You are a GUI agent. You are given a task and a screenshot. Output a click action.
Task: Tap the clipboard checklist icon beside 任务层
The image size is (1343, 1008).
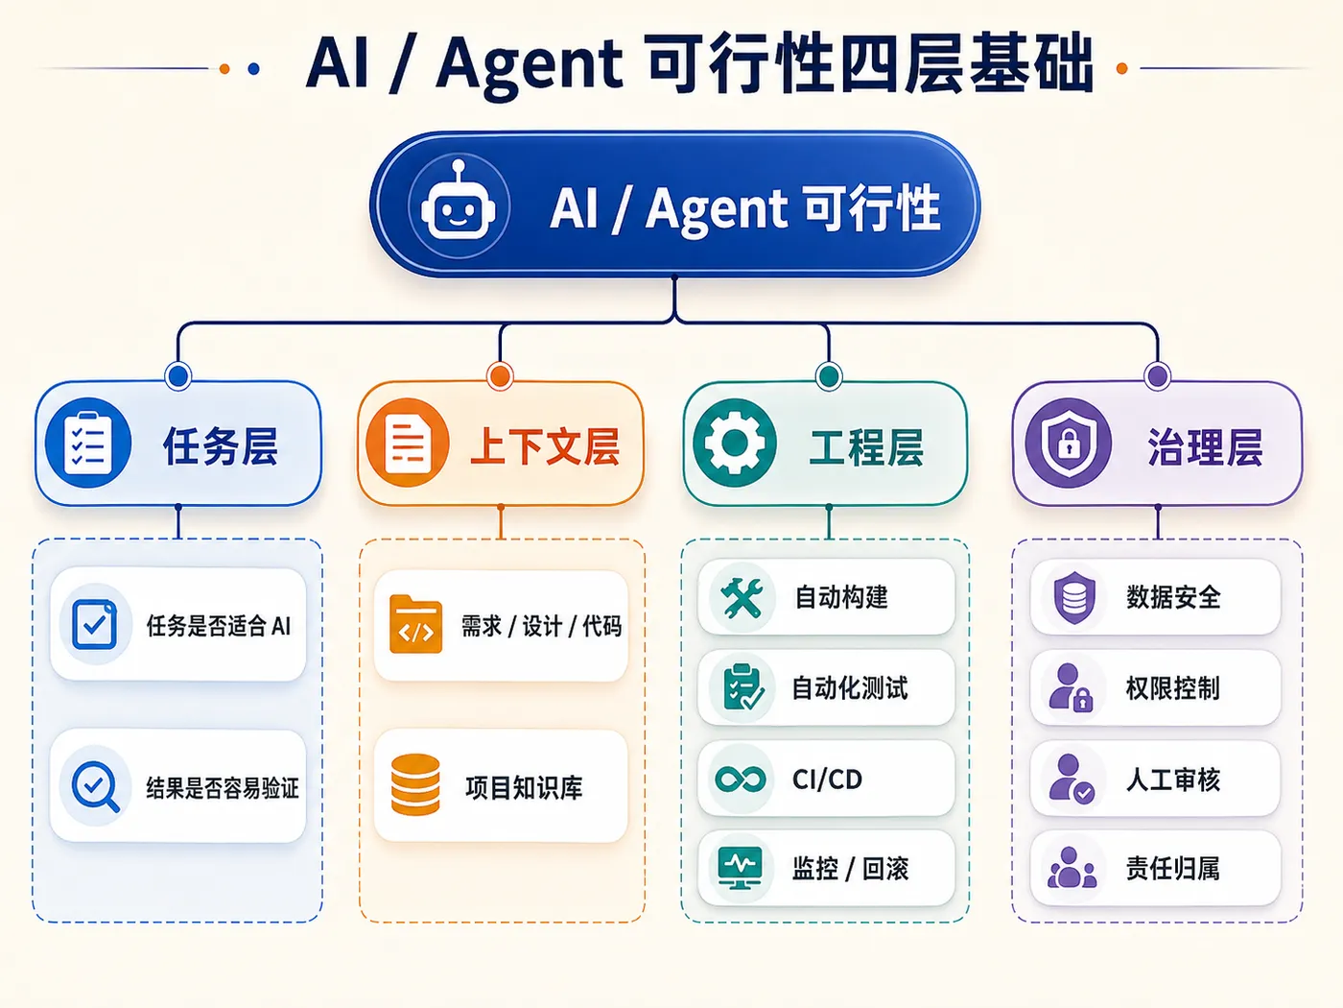click(x=88, y=443)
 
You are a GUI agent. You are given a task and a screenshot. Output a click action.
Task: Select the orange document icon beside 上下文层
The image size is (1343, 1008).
click(x=408, y=443)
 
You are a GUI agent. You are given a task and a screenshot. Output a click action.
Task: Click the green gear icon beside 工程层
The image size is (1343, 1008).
click(x=735, y=443)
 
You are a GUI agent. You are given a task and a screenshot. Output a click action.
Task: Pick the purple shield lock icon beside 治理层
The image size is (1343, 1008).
click(x=1069, y=443)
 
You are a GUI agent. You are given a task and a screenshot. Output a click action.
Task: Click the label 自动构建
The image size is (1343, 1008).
click(x=841, y=597)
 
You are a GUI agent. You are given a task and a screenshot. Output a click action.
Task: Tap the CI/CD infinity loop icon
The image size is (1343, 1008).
click(x=741, y=779)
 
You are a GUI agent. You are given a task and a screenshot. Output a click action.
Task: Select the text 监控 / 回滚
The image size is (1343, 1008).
click(x=851, y=869)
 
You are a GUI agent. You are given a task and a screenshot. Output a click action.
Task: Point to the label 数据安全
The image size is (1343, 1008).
click(x=1173, y=597)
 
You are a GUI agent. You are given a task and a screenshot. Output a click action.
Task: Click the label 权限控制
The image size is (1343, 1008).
click(x=1173, y=688)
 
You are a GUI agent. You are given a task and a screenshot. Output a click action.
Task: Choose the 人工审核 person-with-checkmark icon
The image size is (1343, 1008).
click(x=1072, y=779)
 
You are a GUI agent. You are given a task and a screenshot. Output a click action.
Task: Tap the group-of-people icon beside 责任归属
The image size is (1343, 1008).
click(x=1072, y=867)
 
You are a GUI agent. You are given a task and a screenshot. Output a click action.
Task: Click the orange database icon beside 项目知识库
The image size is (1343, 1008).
click(x=415, y=785)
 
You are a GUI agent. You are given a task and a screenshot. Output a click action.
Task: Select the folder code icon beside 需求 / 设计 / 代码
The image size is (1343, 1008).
click(x=415, y=624)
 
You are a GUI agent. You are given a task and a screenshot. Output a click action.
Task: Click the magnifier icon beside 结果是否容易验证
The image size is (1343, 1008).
click(x=95, y=787)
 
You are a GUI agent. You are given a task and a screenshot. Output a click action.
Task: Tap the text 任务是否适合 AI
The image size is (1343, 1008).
click(x=219, y=626)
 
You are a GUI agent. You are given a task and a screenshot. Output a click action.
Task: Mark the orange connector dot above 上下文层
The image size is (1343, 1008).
click(x=500, y=375)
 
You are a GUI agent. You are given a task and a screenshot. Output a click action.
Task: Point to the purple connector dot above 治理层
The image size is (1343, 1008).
click(x=1158, y=375)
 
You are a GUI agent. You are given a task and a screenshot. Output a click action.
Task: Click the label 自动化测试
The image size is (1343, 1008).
click(x=850, y=688)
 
